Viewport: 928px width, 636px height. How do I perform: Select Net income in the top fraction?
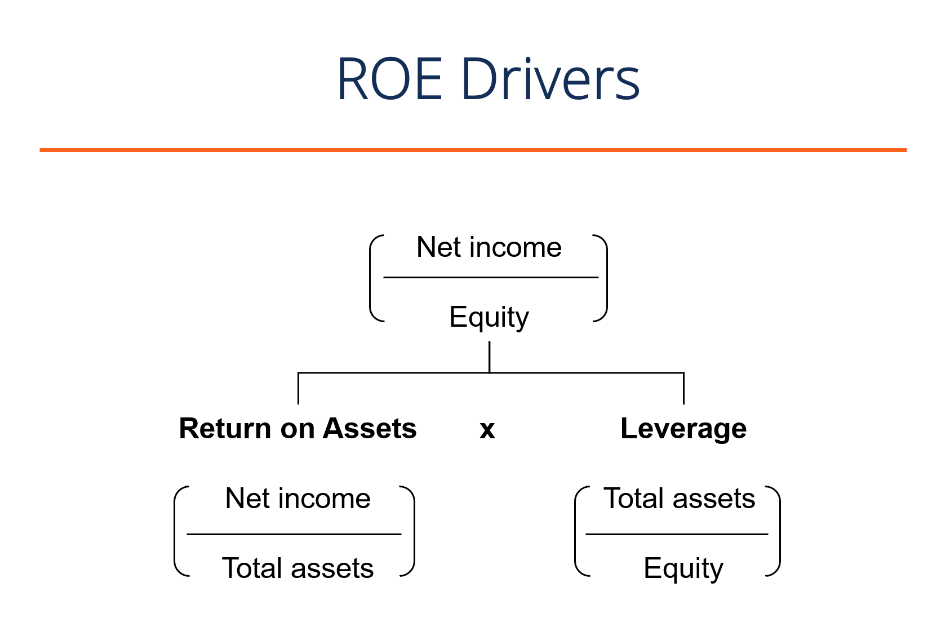(489, 247)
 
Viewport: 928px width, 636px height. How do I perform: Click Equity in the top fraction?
(489, 317)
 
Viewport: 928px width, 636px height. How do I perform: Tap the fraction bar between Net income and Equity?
(490, 277)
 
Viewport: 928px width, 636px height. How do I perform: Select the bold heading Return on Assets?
(298, 429)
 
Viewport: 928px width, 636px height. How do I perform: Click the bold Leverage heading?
(683, 429)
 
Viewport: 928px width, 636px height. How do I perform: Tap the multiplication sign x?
(487, 430)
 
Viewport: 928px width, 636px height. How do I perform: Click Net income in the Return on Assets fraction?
(298, 499)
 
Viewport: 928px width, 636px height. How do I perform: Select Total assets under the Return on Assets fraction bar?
(298, 568)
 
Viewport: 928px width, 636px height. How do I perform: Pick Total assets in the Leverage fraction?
(679, 499)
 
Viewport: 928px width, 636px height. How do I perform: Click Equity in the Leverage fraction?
(683, 568)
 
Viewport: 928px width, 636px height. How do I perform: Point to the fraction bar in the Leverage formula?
(677, 533)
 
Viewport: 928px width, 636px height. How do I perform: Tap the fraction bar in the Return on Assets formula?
(294, 533)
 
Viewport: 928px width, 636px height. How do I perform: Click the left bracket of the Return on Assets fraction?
(176, 531)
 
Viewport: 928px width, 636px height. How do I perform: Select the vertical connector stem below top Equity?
(489, 356)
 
